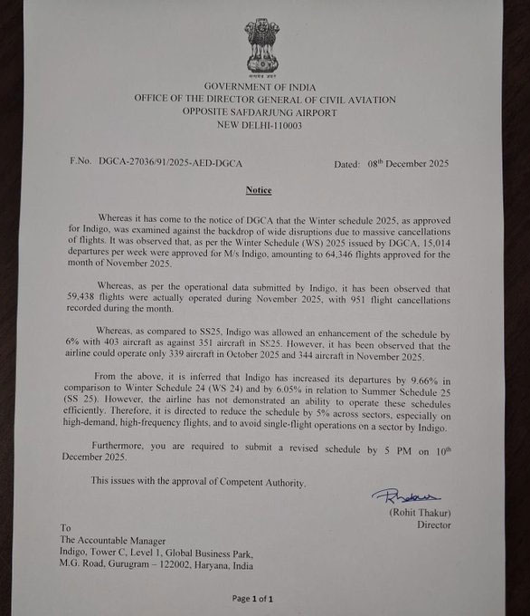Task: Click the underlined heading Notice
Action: [259, 191]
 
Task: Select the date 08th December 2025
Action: [404, 164]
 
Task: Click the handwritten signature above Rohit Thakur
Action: [404, 496]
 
